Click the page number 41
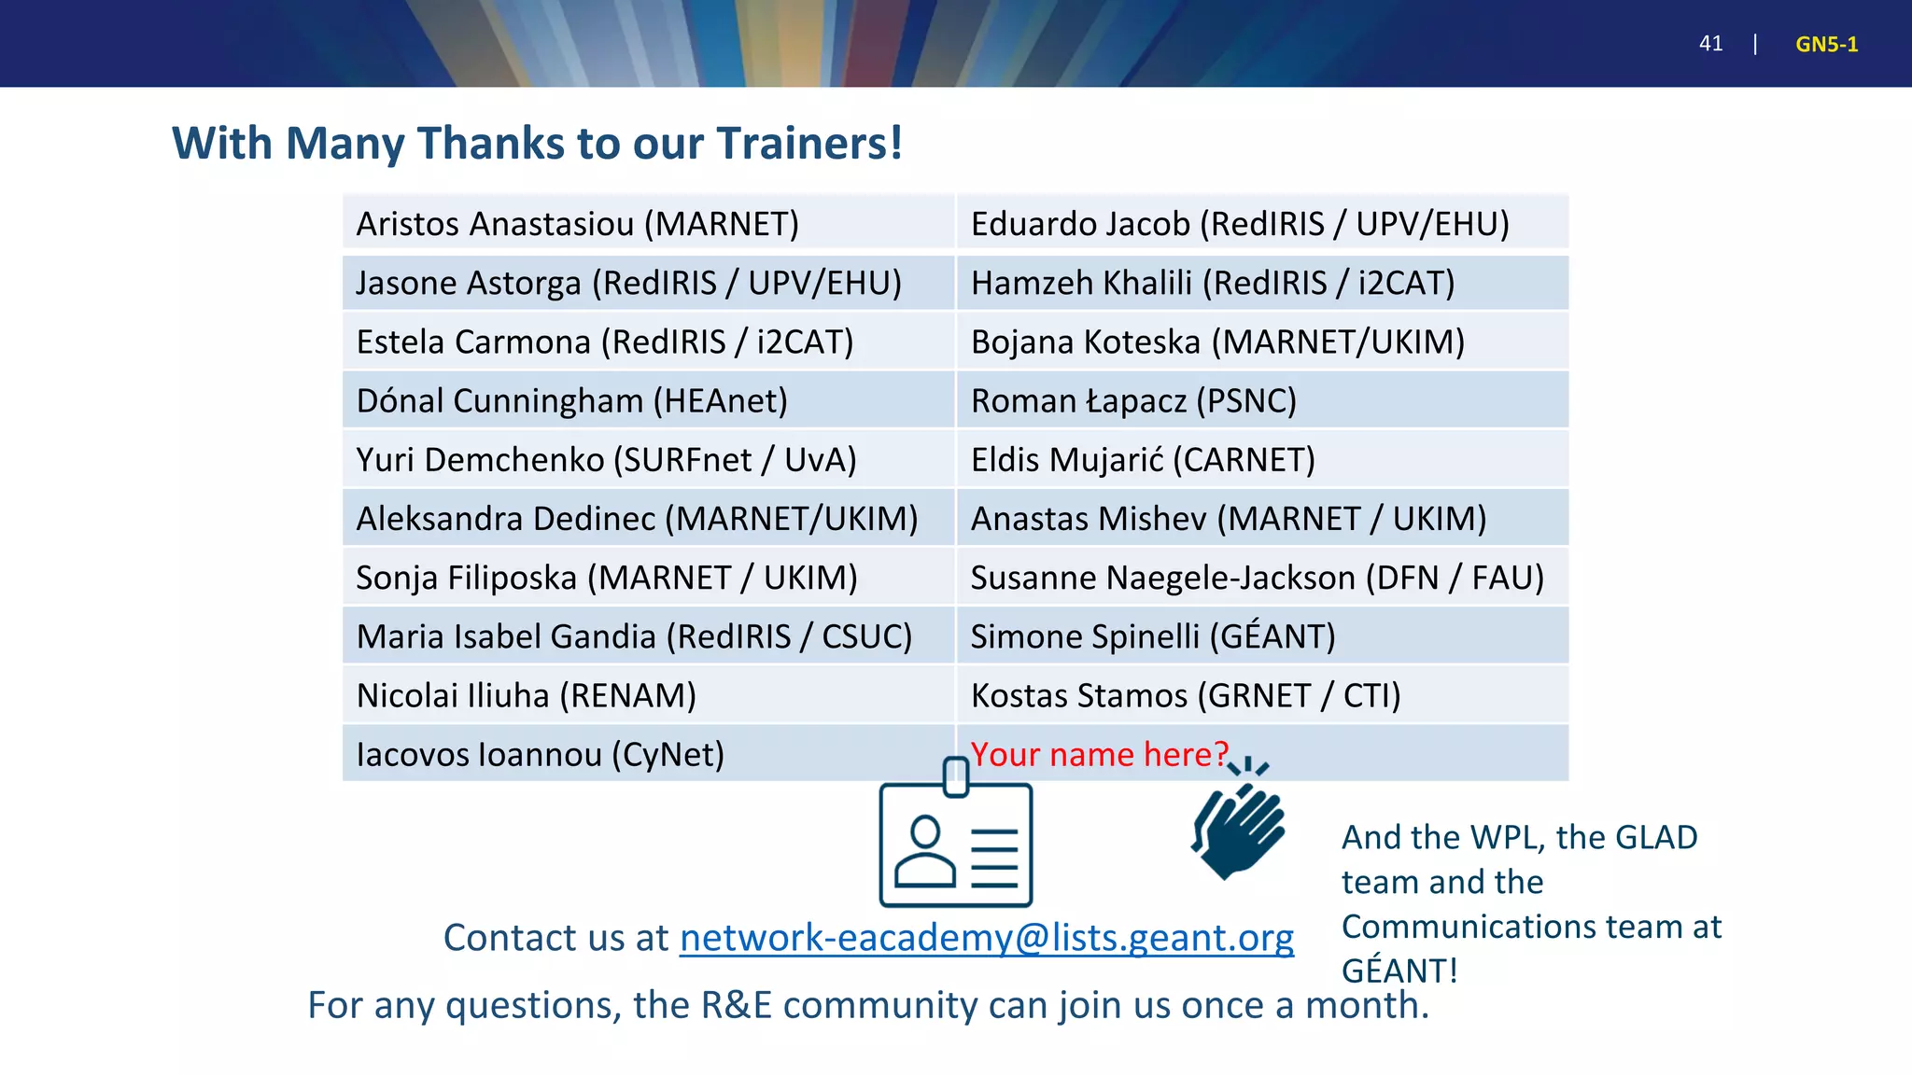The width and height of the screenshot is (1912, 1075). pyautogui.click(x=1710, y=44)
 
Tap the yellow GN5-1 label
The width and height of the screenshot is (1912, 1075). pyautogui.click(x=1826, y=44)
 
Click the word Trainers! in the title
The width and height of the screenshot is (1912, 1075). pyautogui.click(x=809, y=144)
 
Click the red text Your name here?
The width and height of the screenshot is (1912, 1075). pyautogui.click(x=1100, y=754)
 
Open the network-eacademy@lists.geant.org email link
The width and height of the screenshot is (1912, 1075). pyautogui.click(x=986, y=938)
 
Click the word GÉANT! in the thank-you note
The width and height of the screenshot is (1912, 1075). pyautogui.click(x=1399, y=970)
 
